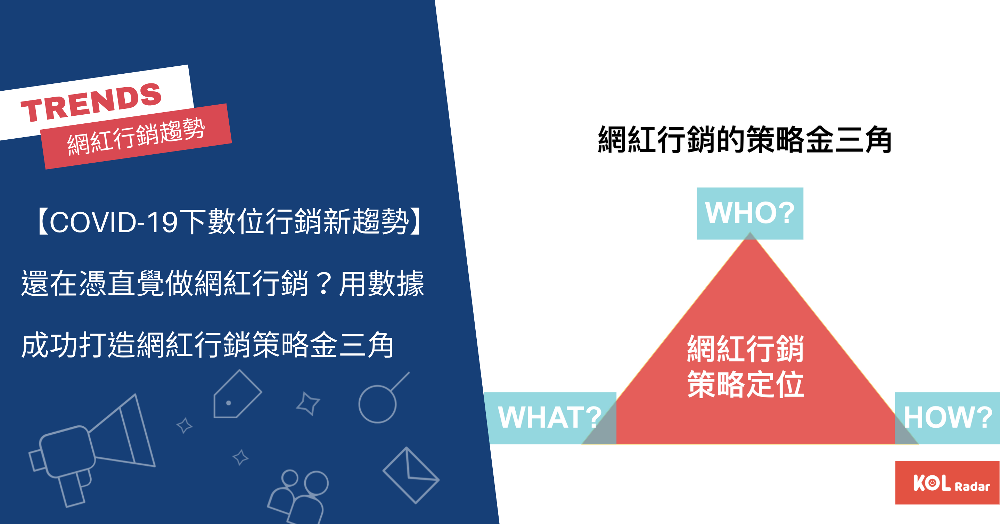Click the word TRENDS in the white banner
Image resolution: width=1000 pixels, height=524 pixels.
[x=91, y=103]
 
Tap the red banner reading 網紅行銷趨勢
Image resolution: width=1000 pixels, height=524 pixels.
[x=136, y=136]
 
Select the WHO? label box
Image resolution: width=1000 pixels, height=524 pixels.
[x=750, y=213]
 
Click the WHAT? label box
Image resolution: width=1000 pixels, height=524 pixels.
[x=550, y=418]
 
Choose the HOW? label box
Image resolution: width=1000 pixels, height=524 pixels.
[x=947, y=418]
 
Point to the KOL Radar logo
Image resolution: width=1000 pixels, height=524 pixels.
[x=947, y=482]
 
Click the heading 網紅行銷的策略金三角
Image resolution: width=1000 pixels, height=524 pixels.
[x=745, y=139]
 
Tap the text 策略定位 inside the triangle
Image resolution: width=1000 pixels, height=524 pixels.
[x=746, y=384]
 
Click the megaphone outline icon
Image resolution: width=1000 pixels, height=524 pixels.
[x=92, y=450]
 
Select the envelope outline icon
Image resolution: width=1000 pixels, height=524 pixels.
[x=411, y=475]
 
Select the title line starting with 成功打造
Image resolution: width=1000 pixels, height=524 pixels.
[x=207, y=345]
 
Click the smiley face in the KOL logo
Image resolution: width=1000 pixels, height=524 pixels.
[x=932, y=483]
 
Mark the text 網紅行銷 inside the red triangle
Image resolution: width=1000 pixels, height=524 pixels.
[x=746, y=349]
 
